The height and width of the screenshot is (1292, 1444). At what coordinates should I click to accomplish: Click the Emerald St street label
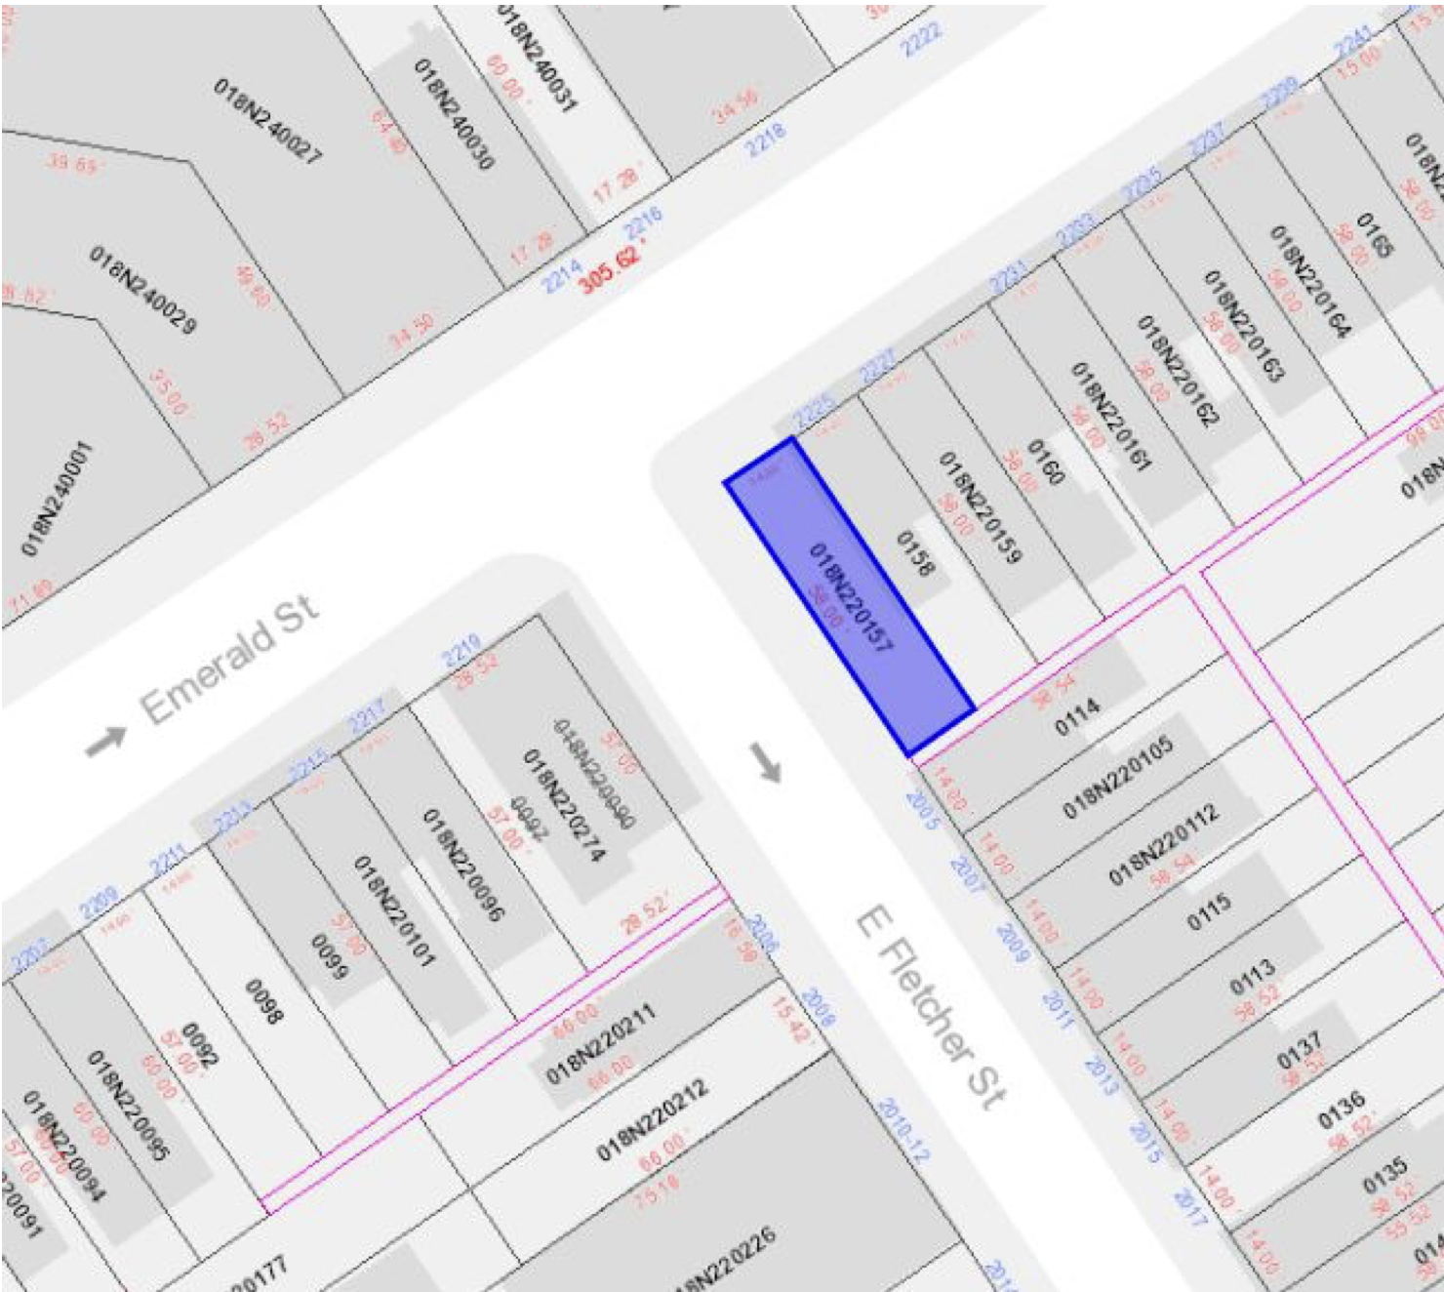[230, 660]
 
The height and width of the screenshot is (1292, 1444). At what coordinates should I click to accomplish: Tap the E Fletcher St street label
[931, 1007]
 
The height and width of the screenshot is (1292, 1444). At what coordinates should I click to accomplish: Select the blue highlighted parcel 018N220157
[849, 595]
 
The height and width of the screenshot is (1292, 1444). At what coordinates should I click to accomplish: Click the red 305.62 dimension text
[611, 268]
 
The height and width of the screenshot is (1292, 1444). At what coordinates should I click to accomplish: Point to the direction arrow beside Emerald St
[105, 741]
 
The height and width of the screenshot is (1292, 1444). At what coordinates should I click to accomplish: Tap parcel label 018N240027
[267, 121]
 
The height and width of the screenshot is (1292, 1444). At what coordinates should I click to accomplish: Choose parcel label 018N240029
[142, 289]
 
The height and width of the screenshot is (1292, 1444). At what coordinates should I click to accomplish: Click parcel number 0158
[915, 553]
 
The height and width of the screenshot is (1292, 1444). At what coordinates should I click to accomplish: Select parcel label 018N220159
[980, 507]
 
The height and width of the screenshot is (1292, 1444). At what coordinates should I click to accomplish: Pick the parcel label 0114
[1077, 717]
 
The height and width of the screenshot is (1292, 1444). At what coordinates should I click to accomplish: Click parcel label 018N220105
[1118, 778]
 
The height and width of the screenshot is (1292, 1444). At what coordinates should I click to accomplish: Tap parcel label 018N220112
[1163, 844]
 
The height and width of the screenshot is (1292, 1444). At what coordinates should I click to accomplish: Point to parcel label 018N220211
[600, 1043]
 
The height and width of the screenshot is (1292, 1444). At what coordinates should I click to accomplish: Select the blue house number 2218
[766, 141]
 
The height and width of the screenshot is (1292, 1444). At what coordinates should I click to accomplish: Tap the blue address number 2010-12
[903, 1130]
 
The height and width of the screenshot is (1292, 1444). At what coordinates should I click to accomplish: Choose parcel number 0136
[1342, 1110]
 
